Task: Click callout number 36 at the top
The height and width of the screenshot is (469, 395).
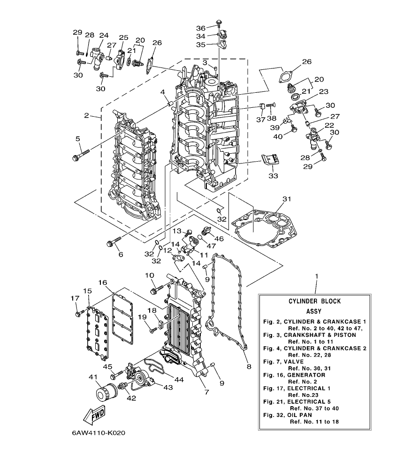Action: click(200, 28)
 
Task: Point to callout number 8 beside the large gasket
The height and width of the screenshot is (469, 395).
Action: click(248, 366)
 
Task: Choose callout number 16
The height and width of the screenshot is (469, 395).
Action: click(103, 283)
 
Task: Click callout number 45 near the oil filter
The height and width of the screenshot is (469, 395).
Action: click(108, 367)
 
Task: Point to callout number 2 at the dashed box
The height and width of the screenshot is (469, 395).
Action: click(86, 115)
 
